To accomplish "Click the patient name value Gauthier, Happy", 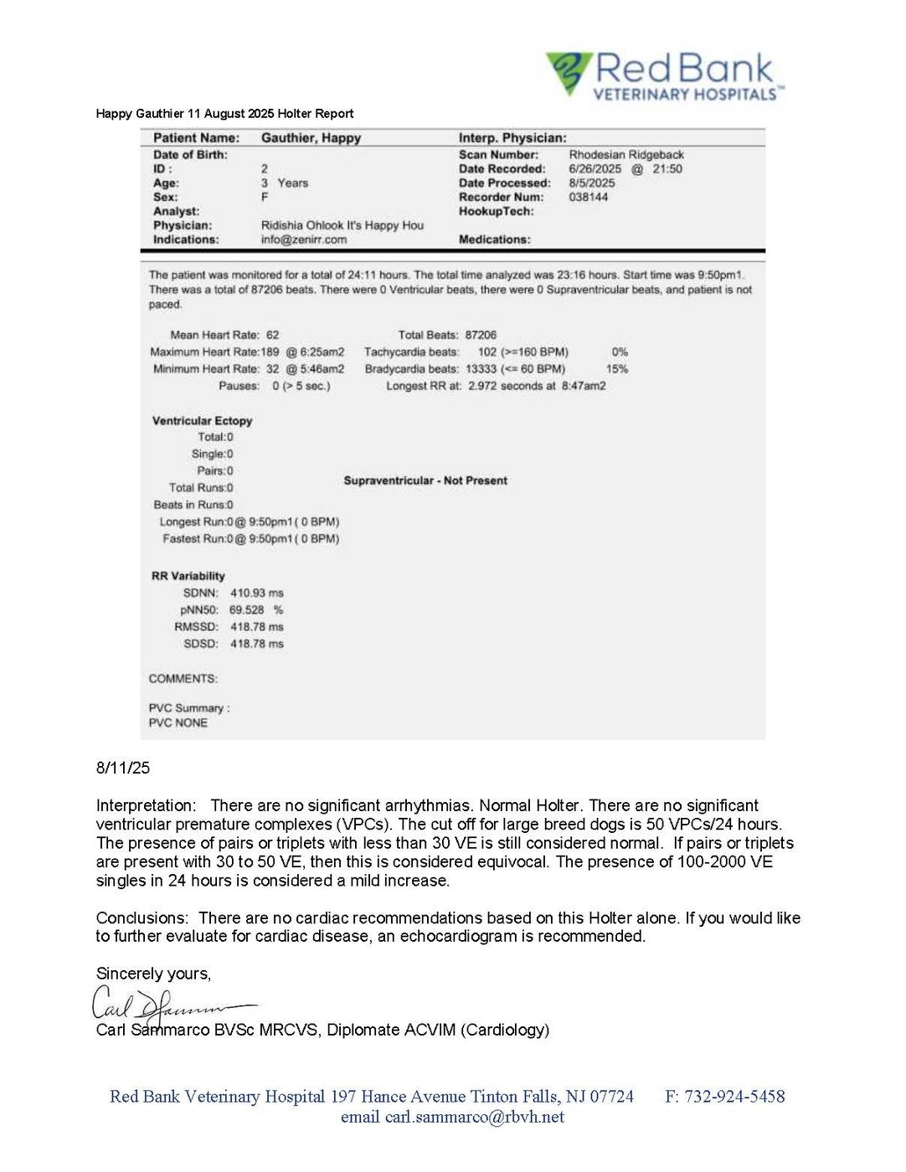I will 311,138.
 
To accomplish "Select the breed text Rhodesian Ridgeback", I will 626,155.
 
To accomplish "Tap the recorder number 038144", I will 589,198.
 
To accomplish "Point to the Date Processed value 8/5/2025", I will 592,183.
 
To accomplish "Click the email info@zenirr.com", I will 304,240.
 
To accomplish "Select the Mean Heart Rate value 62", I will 273,335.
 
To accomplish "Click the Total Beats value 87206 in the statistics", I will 481,335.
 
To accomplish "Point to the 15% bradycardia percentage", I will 617,369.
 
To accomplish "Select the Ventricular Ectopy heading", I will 202,421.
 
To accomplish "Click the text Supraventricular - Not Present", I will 425,481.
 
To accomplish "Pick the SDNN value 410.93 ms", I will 256,594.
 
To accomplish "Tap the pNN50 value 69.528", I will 247,610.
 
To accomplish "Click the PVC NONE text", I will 178,723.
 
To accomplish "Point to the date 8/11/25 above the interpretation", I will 123,768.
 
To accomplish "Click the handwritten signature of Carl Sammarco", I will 167,1004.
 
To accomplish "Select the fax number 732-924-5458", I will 734,1097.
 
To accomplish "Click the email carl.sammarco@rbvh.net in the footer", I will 474,1118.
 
